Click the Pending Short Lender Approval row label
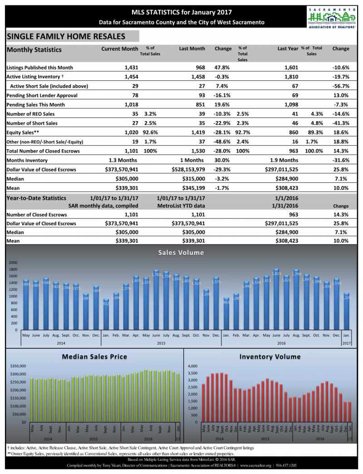pos(42,95)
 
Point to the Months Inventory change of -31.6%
pos(340,160)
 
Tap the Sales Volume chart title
pos(181,253)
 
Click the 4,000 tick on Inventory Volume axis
pos(193,366)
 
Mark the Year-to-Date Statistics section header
pos(36,198)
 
